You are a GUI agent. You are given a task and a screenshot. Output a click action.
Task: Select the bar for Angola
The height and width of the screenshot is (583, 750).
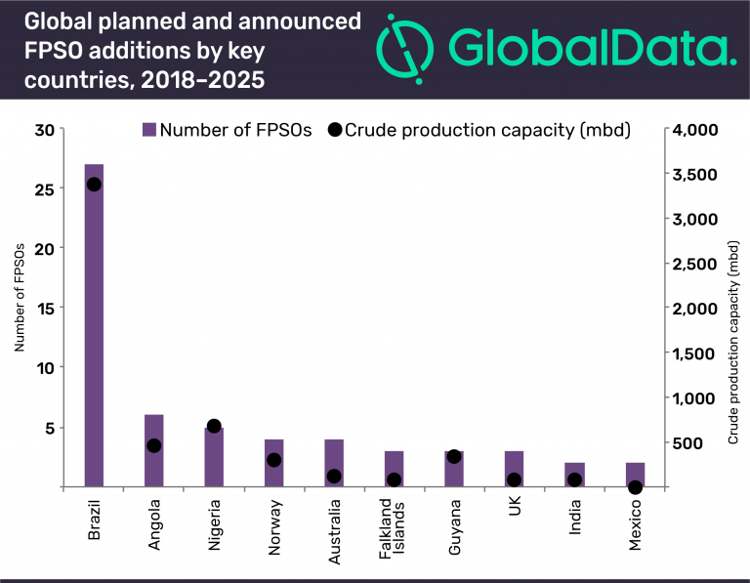point(154,450)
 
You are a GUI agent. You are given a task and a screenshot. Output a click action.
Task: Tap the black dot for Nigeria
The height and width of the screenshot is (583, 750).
point(214,426)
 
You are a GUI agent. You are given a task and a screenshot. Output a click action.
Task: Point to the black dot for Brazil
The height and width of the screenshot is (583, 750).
point(94,184)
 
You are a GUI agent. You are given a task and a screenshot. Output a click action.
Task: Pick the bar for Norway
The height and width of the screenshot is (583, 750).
point(274,463)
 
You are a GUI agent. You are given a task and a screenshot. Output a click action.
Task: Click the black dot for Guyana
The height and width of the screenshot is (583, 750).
point(453,456)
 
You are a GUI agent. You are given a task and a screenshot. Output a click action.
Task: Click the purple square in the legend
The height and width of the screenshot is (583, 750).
point(148,130)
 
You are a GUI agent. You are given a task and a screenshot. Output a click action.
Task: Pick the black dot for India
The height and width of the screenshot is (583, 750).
point(574,479)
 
